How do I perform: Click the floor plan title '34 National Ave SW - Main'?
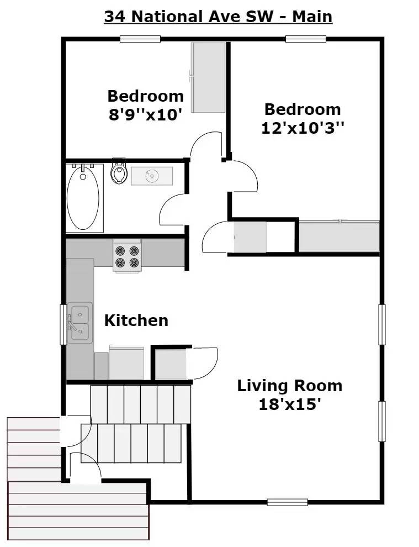coord(218,17)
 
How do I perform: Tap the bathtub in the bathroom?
coord(83,197)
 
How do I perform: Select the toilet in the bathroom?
coord(119,172)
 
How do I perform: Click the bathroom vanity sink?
coord(152,176)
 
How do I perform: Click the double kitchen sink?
coord(80,323)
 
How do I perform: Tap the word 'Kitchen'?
coord(136,320)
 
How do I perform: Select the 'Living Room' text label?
coord(289,385)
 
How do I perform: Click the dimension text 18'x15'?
coord(290,405)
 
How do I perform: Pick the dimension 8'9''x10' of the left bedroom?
coord(145,116)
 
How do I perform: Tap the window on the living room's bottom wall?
coord(287,502)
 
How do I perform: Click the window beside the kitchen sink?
coord(63,324)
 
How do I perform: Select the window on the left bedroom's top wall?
coord(140,39)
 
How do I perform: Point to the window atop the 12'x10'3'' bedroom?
coord(305,39)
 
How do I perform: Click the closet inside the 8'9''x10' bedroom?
coord(209,77)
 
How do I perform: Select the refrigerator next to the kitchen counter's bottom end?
coord(126,363)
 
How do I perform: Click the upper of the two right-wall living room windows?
coord(381,324)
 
